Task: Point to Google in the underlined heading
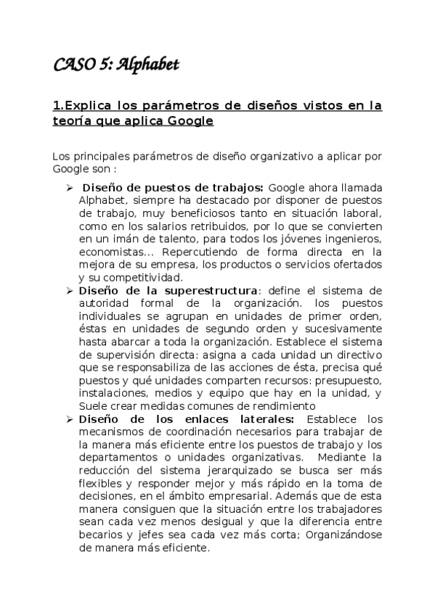click(x=190, y=121)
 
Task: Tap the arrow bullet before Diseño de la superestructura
click(x=69, y=290)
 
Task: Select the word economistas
click(x=110, y=252)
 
